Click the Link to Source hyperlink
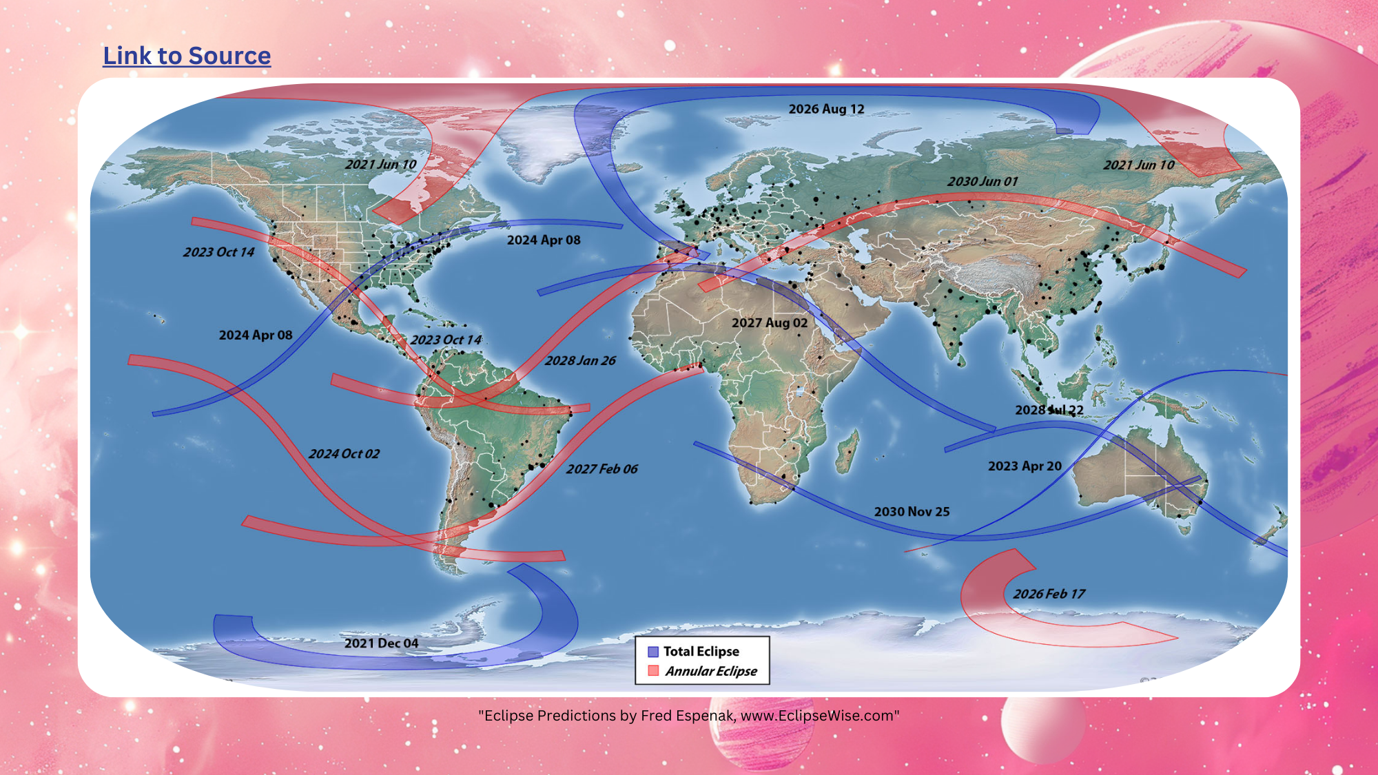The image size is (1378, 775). (x=187, y=56)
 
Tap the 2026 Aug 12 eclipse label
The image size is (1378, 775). (x=826, y=109)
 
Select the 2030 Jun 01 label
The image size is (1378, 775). (x=982, y=181)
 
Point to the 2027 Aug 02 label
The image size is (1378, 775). (x=769, y=322)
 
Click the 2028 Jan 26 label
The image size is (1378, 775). (x=580, y=360)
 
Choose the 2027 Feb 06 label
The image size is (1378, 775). (x=601, y=469)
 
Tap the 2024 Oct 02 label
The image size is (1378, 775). (x=344, y=454)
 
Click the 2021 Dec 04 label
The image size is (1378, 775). (x=381, y=643)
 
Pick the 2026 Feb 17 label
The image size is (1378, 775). (x=1049, y=594)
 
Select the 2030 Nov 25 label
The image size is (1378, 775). (x=912, y=512)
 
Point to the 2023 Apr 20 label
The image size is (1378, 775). (x=1025, y=466)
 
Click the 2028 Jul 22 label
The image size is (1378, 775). (x=1049, y=410)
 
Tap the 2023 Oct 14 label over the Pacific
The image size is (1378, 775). (x=218, y=252)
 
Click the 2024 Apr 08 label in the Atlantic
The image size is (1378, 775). (x=544, y=240)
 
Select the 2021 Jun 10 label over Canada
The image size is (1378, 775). (x=380, y=164)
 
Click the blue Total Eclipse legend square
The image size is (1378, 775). (x=653, y=652)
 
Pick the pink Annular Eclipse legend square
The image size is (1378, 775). (x=653, y=671)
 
